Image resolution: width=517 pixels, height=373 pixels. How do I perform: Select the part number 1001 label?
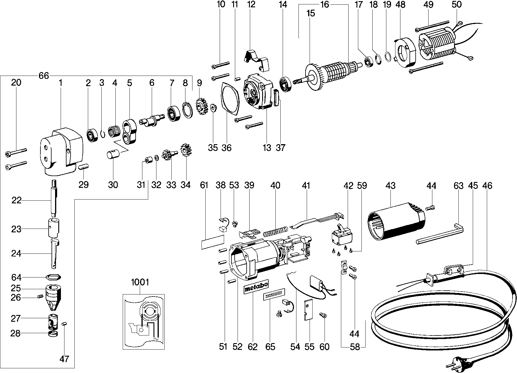pyautogui.click(x=140, y=282)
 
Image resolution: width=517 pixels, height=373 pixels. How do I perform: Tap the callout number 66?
pyautogui.click(x=43, y=76)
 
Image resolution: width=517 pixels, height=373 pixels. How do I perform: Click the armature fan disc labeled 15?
pyautogui.click(x=312, y=77)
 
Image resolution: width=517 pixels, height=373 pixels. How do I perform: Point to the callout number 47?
pyautogui.click(x=64, y=359)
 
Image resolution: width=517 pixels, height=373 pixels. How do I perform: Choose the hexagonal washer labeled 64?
pyautogui.click(x=52, y=277)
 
